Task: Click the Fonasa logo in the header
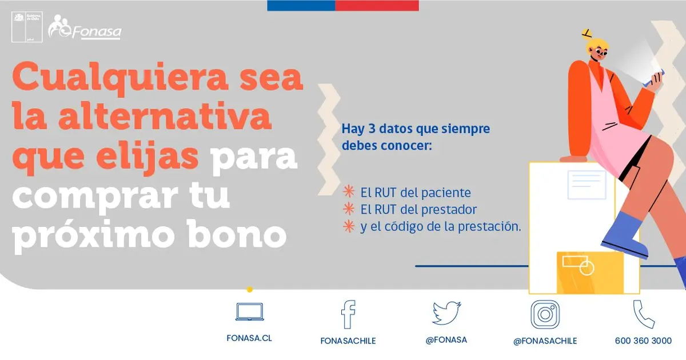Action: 85,27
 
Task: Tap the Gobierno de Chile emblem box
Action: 27,27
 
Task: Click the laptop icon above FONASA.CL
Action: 250,311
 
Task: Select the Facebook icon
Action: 349,314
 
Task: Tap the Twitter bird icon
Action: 446,313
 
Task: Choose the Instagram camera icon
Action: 545,314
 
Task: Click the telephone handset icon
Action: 644,314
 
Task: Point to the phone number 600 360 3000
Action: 643,341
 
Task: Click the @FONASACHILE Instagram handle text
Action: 545,341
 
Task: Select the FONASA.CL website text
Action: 249,338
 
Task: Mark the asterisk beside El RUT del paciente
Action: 349,191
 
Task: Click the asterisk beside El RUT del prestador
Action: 349,209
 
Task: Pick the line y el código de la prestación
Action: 441,227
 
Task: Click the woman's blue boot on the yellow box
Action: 625,235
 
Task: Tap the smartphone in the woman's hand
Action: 653,78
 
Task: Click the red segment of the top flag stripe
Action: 377,6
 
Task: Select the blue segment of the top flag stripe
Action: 301,6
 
